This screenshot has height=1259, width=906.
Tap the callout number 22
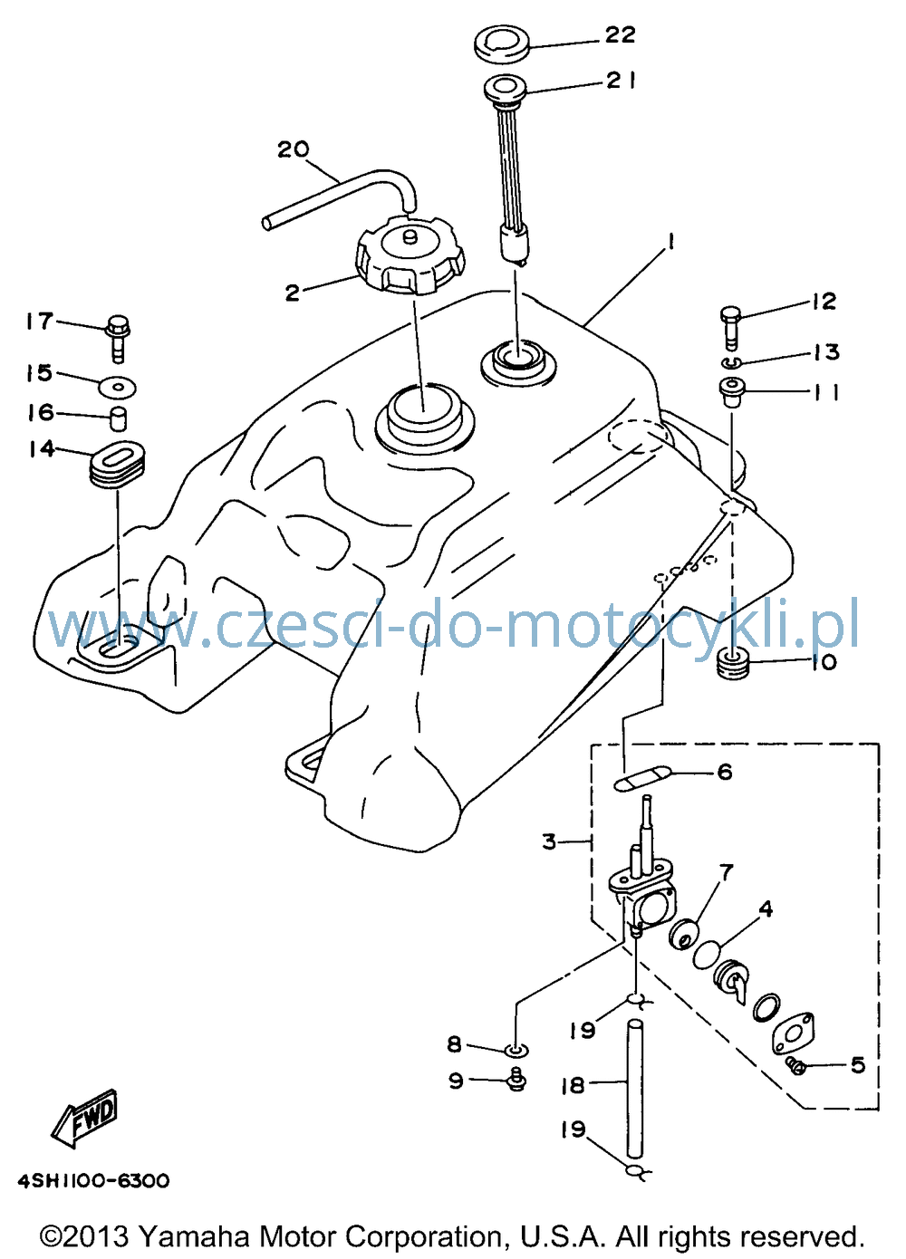point(620,34)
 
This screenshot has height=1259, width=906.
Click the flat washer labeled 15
point(118,387)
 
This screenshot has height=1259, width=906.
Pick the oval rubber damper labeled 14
point(118,465)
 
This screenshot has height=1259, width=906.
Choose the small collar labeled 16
point(118,418)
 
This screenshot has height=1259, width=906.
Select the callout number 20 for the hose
point(294,149)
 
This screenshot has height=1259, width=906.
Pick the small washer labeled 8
point(517,1048)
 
